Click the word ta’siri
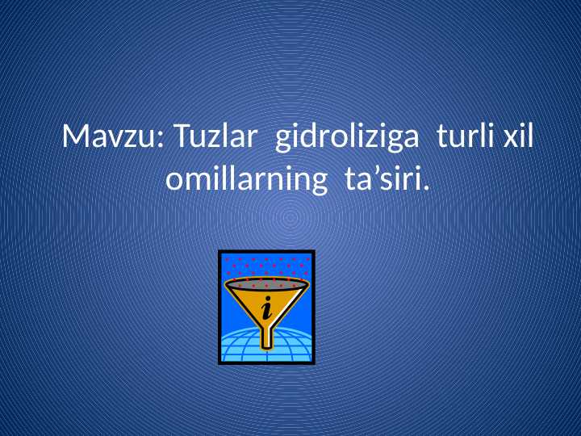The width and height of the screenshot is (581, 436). coord(386,179)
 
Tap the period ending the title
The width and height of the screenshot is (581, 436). coord(426,188)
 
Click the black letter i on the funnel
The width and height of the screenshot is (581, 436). coord(265,307)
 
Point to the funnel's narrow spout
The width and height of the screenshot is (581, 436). coord(267,335)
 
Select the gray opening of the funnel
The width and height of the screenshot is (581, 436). coord(266,284)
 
